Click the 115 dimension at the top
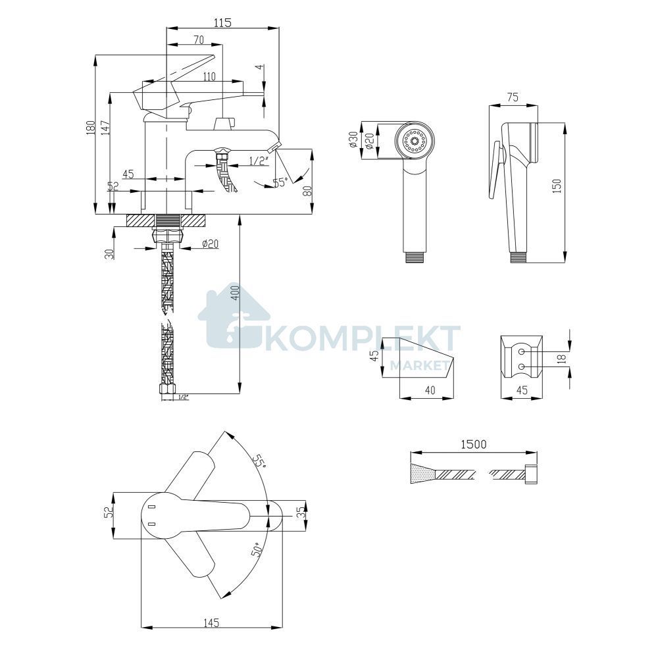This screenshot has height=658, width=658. [222, 22]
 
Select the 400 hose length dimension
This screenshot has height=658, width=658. [236, 293]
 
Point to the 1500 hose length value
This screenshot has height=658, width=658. [474, 444]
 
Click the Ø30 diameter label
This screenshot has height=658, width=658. [353, 139]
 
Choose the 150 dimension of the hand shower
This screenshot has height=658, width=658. [557, 186]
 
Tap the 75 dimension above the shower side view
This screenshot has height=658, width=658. [513, 97]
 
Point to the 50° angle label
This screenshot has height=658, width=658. [257, 549]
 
